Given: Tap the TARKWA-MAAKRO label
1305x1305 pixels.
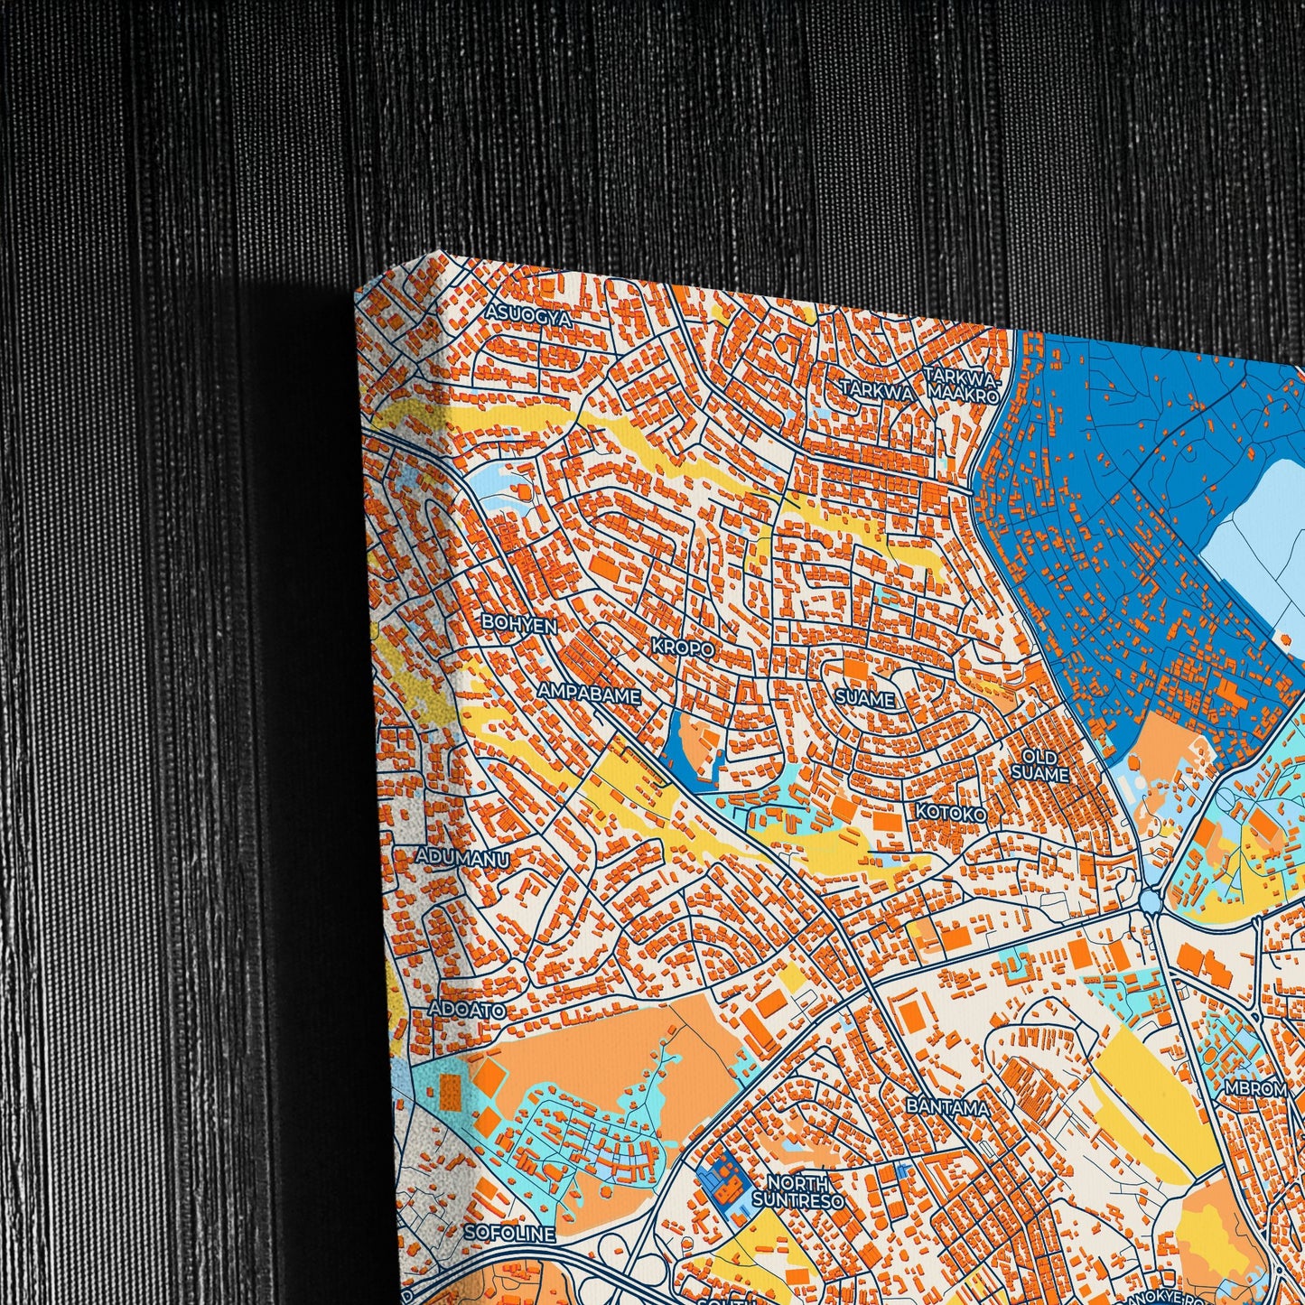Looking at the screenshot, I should coord(963,385).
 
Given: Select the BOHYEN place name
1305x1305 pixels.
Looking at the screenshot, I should coord(518,623).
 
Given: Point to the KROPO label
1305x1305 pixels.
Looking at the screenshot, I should coord(683,648).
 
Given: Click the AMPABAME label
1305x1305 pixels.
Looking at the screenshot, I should coord(589,694).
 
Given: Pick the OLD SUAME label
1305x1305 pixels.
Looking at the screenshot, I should coord(1039,765).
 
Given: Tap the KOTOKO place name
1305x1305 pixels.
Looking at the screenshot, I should coord(951,813).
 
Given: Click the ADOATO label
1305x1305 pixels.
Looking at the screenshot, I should coord(467,1010).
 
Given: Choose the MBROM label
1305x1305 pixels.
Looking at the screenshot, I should coord(1255,1089).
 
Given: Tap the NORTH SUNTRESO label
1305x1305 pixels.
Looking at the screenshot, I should coord(798,1191).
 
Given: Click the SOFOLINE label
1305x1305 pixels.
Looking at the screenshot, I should coord(509,1233).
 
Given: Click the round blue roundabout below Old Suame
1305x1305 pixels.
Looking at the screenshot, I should coord(1150,900).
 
